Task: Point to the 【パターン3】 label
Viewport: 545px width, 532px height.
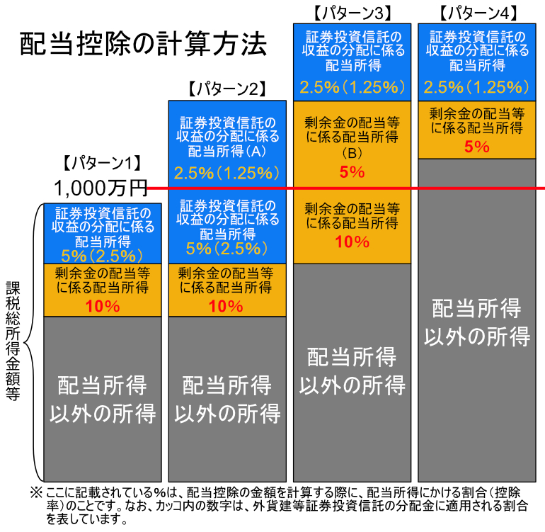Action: pos(352,12)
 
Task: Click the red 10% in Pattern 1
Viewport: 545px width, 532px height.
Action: pos(102,306)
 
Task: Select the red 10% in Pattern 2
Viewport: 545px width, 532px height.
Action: pos(226,306)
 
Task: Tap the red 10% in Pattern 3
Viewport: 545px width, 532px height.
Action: pos(352,242)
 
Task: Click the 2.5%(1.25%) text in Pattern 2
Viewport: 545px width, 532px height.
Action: pos(226,172)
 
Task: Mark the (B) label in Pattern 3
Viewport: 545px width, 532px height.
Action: pos(352,153)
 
